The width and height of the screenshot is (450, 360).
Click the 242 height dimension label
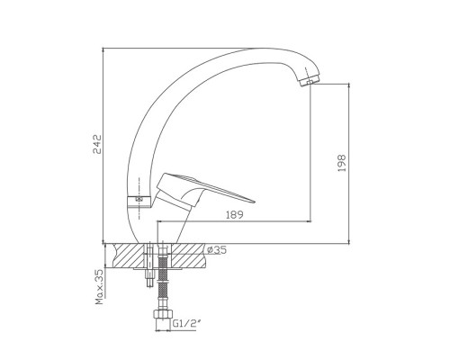click(97, 144)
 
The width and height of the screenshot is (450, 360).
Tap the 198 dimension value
click(342, 163)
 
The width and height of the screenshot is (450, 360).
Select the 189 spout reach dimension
click(234, 215)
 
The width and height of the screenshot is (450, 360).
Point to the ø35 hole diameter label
click(217, 249)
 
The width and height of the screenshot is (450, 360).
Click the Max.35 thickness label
click(100, 287)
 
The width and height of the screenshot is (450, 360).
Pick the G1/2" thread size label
click(187, 323)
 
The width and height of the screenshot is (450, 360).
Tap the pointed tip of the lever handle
click(254, 202)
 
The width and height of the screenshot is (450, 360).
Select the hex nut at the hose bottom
click(163, 314)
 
